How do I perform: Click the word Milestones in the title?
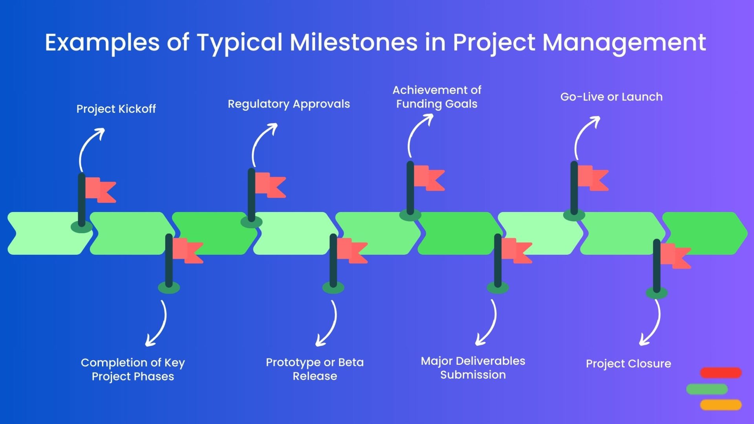coord(353,42)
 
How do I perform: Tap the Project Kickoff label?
coord(116,109)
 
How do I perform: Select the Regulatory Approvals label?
coord(289,104)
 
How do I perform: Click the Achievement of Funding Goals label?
coord(437,97)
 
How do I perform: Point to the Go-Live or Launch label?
coord(611,97)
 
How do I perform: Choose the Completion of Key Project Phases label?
coord(133,369)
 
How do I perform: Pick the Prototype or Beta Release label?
coord(315,369)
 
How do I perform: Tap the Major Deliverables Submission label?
coord(473,368)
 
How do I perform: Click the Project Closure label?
coord(628,364)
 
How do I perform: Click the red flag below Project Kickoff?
coord(101,190)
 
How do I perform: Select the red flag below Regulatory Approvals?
coord(270,185)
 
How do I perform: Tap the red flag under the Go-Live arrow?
coord(593,178)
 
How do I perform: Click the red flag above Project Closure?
coord(675,256)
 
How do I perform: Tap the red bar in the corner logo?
coord(721,373)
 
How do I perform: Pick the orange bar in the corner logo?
coord(721,405)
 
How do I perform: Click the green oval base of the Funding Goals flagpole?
coord(410,215)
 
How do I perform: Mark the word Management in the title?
coord(624,42)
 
